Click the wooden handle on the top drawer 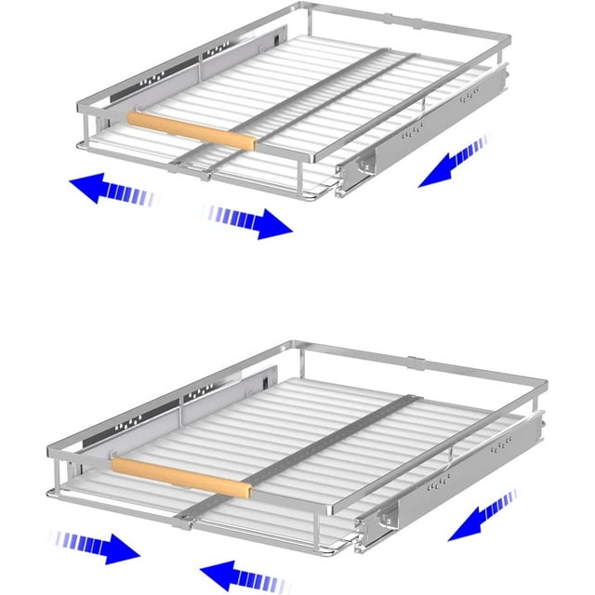click(x=191, y=130)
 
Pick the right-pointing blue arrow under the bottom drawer click(x=98, y=548)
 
